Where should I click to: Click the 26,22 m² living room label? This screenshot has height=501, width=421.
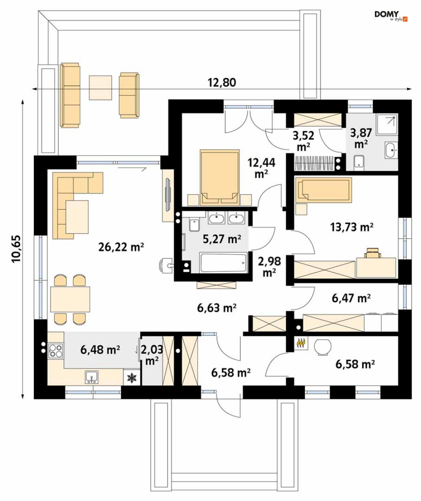coord(121,247)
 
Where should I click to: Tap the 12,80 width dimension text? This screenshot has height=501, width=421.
coord(222,83)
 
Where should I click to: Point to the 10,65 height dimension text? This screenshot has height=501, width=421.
coord(16,249)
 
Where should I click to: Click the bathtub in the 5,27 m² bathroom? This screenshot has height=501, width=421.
coord(223,263)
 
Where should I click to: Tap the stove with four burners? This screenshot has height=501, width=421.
coord(55,350)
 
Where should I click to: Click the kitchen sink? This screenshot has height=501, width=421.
coord(92,377)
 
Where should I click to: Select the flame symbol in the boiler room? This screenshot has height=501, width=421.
coord(301,343)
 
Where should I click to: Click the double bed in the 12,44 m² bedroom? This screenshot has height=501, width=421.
coord(220,177)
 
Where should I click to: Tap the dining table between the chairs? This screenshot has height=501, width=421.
coord(70,299)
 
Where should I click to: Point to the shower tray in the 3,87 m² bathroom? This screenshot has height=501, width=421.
coord(387,125)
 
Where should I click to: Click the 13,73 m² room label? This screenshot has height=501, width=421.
coord(352,227)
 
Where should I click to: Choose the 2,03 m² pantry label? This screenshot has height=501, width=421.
coord(151,355)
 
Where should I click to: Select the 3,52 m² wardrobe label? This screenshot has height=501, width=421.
coord(303,141)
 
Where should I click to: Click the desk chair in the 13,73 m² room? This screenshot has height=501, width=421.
coord(372,252)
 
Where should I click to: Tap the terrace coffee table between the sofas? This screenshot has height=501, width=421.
coord(100,88)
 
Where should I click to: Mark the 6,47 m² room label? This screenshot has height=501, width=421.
coord(351,298)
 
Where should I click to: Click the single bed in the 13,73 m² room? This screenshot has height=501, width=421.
coord(323,190)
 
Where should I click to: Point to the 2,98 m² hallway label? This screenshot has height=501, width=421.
coord(269,267)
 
